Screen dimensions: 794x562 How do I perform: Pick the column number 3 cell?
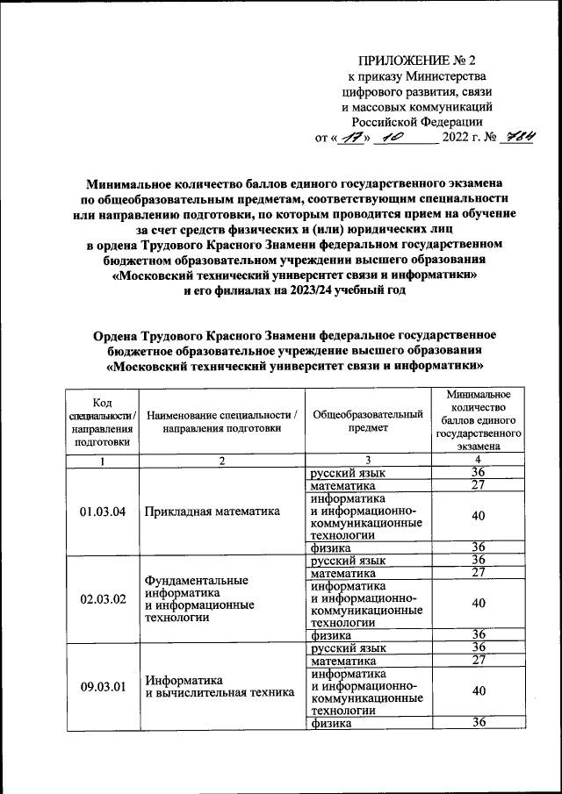pos(368,461)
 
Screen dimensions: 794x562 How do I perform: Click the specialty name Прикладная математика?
pos(212,511)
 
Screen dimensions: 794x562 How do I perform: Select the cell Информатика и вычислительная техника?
pos(220,686)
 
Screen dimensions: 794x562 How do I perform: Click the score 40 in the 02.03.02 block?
pos(478,604)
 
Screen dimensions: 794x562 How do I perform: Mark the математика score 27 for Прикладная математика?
pos(478,486)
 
